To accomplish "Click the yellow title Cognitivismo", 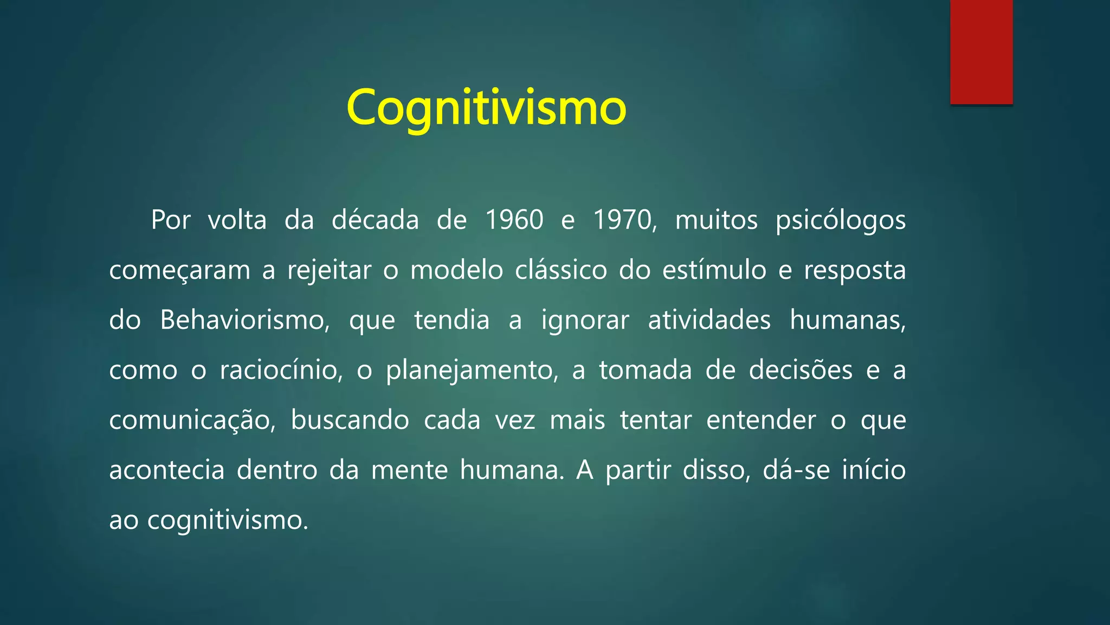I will point(486,107).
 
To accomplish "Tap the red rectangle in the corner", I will point(981,52).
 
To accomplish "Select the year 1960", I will point(514,220).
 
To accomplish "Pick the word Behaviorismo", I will point(244,320).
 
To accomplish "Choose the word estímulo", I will point(714,270).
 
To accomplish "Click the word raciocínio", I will point(281,371).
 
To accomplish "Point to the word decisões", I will point(801,371).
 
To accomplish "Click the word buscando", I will point(350,420).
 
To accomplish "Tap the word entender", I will point(760,420).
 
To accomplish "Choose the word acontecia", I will point(166,470).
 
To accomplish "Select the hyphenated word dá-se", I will point(796,470).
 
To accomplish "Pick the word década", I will point(375,220).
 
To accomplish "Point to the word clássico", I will point(561,270).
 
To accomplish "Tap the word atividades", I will point(709,320).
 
